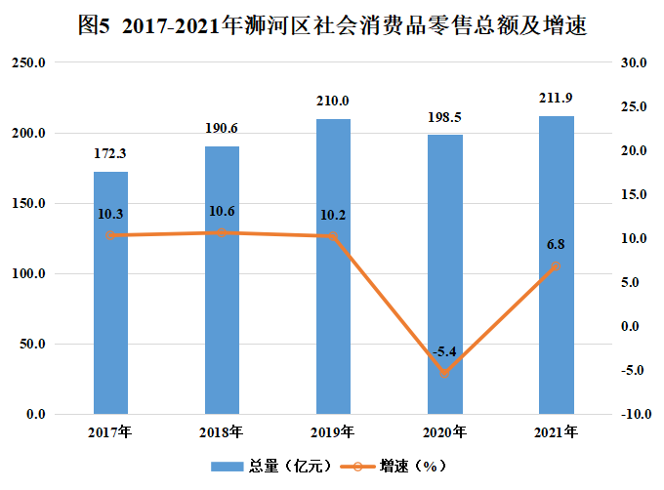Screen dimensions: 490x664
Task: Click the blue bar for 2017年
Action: click(x=110, y=293)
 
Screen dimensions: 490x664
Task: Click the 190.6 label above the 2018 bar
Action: click(x=222, y=128)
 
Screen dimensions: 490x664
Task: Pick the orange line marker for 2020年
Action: click(x=444, y=373)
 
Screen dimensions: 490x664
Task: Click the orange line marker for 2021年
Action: click(x=556, y=266)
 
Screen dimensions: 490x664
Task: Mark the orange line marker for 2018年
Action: click(x=222, y=233)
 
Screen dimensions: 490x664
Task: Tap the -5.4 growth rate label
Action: click(x=444, y=351)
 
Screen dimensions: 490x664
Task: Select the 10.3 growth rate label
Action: click(x=110, y=214)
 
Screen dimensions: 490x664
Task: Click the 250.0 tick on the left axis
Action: click(x=33, y=63)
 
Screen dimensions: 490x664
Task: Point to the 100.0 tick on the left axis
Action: click(x=33, y=274)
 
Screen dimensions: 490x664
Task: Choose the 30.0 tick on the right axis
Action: click(x=634, y=63)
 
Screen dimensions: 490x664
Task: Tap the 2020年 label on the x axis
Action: click(x=444, y=431)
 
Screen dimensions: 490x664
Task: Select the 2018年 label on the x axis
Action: click(x=222, y=431)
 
